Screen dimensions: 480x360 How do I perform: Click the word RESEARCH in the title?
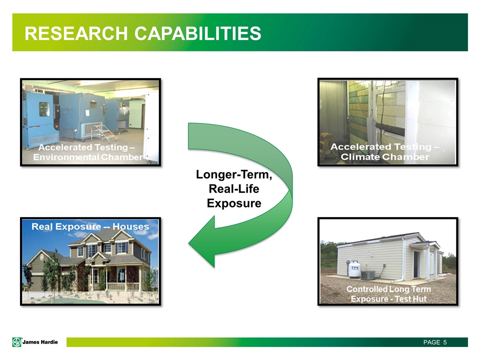tap(76, 33)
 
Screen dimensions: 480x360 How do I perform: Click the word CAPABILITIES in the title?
tap(198, 33)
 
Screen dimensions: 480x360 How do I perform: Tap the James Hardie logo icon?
tap(16, 342)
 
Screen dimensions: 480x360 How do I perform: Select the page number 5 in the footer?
tap(445, 342)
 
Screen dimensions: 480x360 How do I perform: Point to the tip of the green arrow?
tap(188, 243)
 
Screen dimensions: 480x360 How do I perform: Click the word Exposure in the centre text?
tap(234, 203)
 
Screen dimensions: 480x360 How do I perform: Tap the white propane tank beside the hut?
tap(354, 269)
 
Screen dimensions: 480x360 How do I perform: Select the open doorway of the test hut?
tap(417, 264)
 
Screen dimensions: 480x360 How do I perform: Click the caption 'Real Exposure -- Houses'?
tap(90, 226)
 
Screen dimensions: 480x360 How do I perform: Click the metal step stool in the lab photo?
tap(100, 132)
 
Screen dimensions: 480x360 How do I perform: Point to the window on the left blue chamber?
tap(44, 109)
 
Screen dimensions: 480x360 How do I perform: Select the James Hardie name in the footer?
tap(40, 342)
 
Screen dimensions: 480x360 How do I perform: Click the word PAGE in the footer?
tap(431, 342)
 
